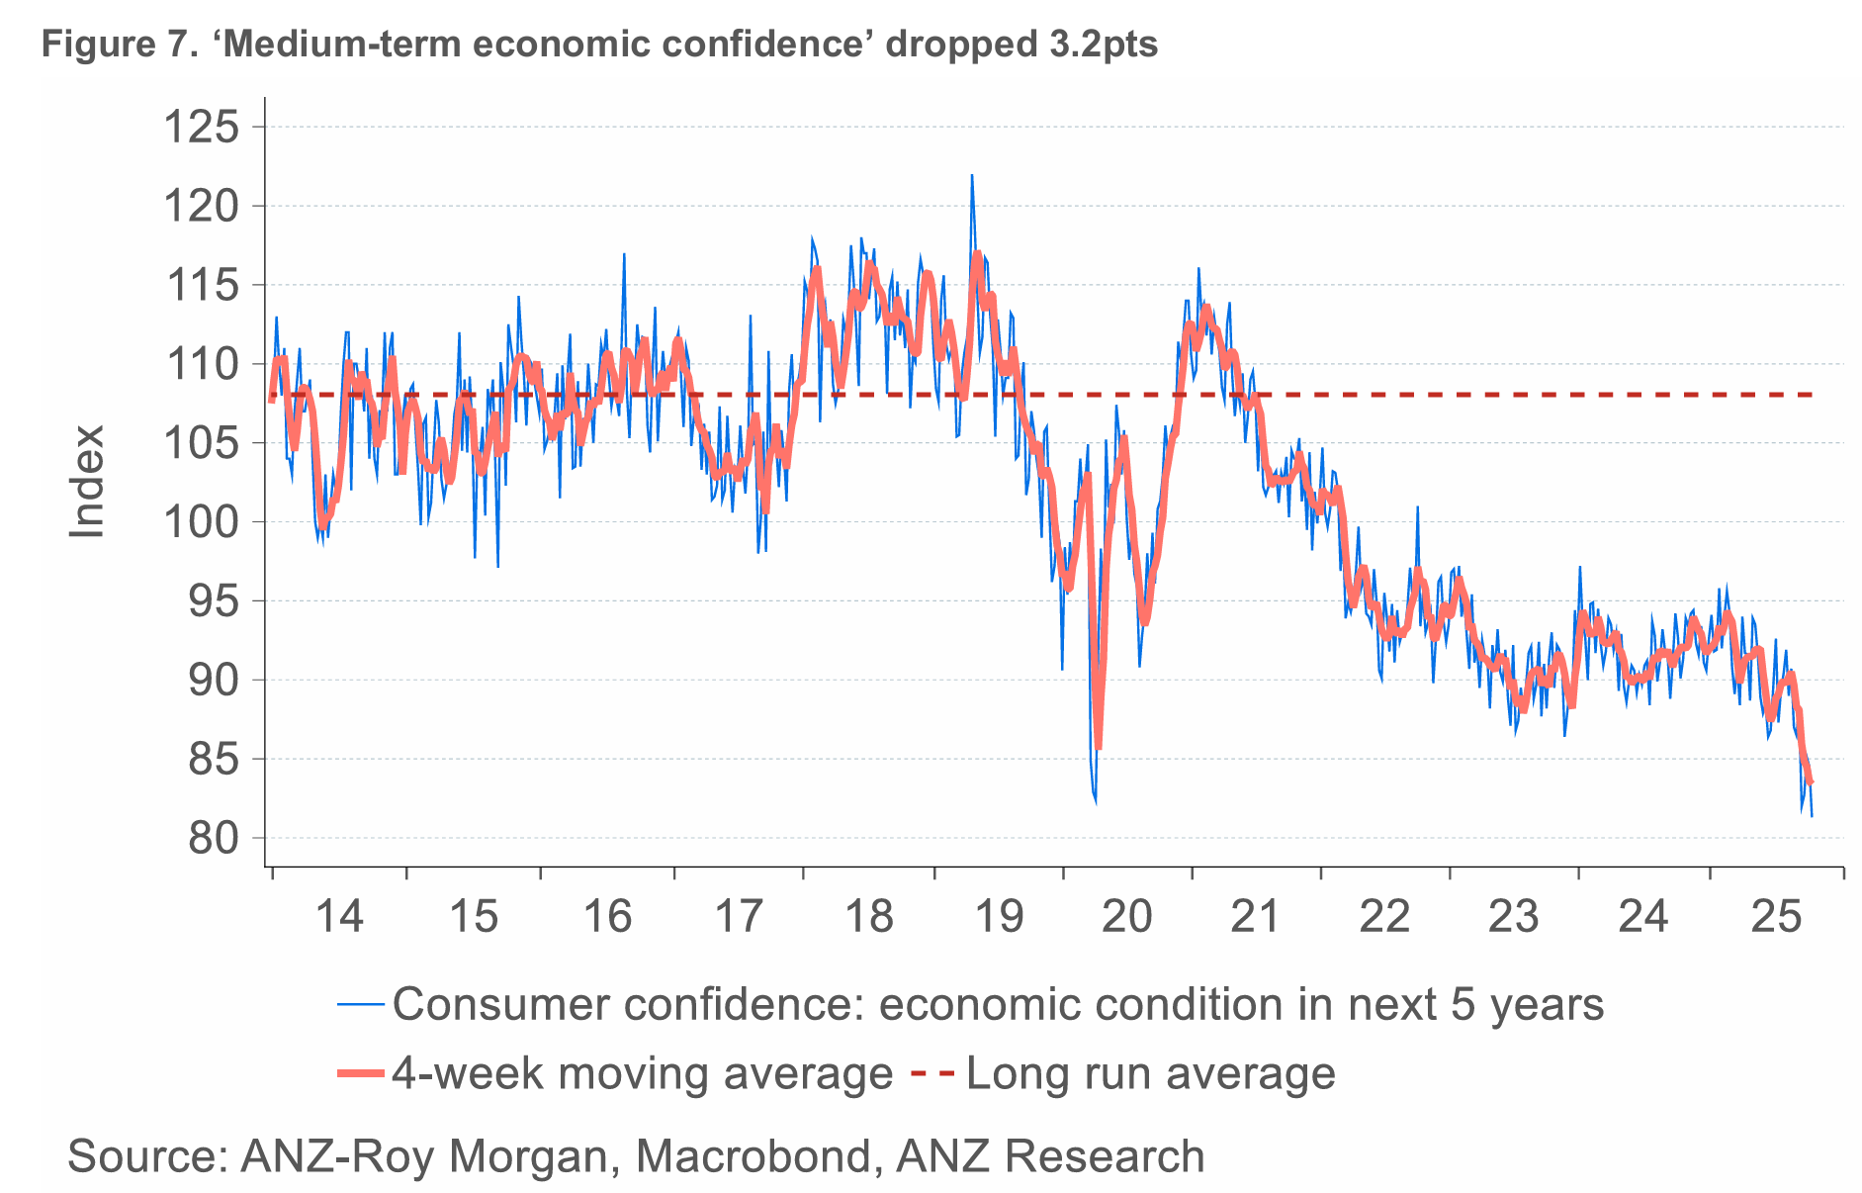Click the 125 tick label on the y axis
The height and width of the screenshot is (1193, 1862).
(201, 128)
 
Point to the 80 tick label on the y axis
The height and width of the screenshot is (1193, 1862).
(214, 838)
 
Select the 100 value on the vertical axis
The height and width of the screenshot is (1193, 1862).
(201, 521)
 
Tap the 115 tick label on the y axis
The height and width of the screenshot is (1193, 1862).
(201, 286)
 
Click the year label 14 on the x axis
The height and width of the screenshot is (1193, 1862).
(339, 917)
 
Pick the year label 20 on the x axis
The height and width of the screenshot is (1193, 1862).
(1127, 917)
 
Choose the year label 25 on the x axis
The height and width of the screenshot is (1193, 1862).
(1776, 917)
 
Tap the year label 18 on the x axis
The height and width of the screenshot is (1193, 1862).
(869, 917)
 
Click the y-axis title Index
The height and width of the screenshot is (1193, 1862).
(87, 482)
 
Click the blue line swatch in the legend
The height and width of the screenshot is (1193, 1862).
(360, 1005)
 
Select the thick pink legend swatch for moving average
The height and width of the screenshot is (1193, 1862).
(360, 1073)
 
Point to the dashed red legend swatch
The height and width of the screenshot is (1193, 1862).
(932, 1073)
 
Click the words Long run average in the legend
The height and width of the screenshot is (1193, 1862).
(1151, 1073)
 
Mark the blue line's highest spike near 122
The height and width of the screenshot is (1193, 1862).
(971, 176)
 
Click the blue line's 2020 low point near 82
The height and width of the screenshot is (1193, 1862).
(1096, 802)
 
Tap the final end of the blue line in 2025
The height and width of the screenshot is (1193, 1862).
(1812, 816)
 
